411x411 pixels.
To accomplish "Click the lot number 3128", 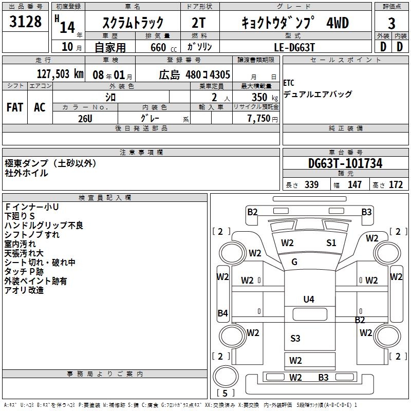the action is pos(26,22).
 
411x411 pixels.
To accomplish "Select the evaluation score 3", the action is pos(391,23).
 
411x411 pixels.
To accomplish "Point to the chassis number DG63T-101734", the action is pos(345,163).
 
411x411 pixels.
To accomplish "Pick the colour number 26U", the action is pos(85,118).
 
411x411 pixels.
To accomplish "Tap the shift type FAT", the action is pos(15,107).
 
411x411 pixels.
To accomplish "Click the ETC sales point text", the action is pos(289,83).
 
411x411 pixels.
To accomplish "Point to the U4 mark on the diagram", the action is pos(309,299).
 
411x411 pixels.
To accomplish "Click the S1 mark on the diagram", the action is pos(331,242).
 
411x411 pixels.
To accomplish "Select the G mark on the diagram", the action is pos(294,262).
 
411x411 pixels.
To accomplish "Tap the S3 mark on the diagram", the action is pos(295,338).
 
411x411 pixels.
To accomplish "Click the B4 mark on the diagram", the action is pos(222,313).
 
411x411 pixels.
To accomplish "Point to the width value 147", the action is pos(354,185).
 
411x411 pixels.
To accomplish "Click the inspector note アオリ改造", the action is pos(24,290).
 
